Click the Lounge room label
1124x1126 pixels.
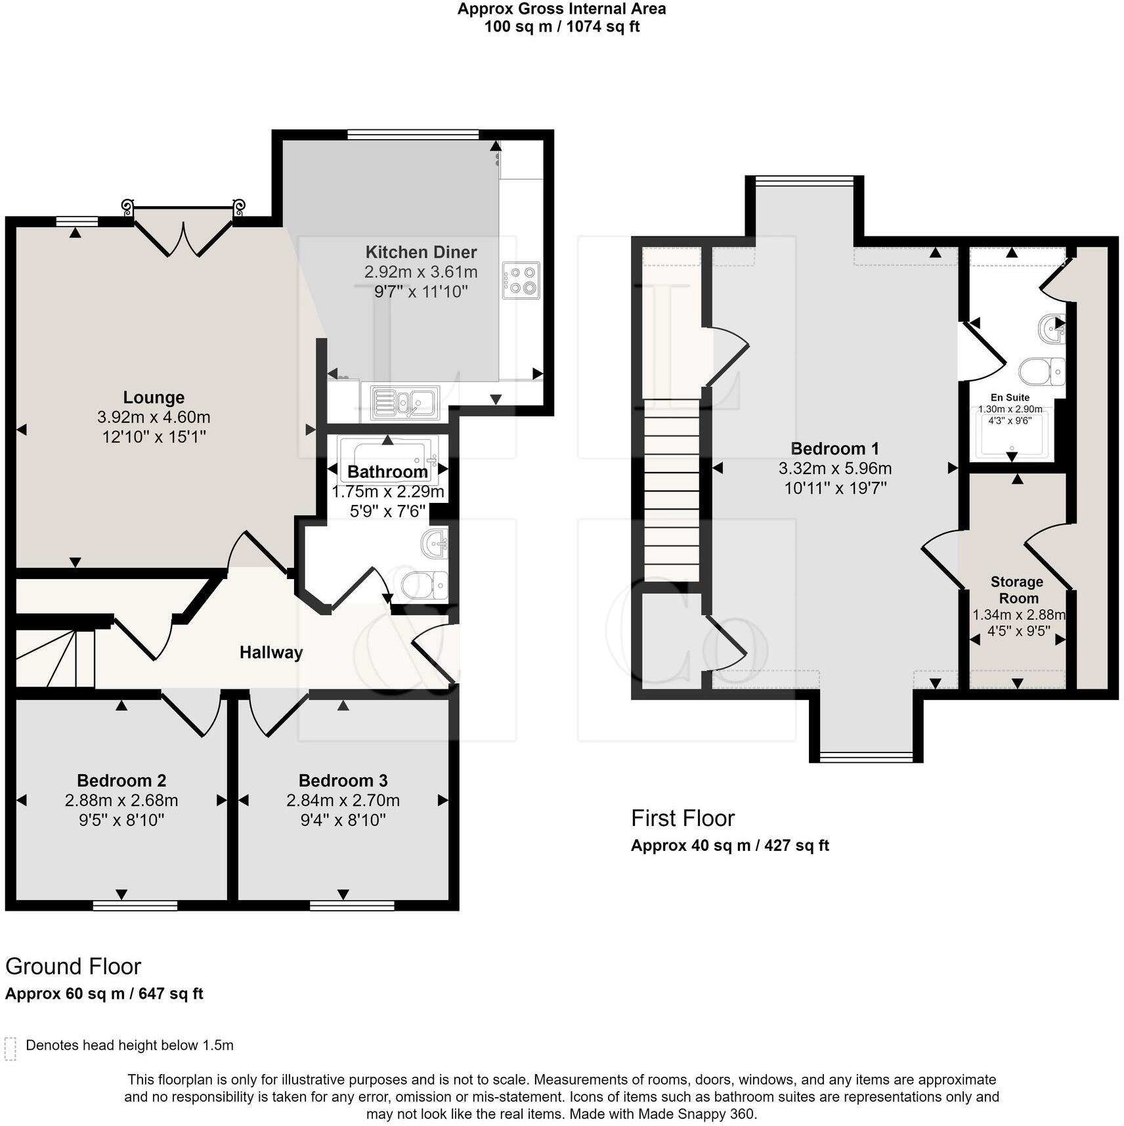[x=154, y=397]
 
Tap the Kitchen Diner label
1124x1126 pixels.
[x=421, y=252]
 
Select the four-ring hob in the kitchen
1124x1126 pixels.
[x=521, y=280]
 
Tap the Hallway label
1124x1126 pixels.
[x=270, y=652]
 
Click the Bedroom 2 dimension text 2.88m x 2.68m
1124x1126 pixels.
[x=121, y=800]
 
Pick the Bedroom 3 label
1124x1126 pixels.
[x=343, y=781]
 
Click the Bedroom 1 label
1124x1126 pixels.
[x=834, y=449]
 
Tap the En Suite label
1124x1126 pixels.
[x=1010, y=398]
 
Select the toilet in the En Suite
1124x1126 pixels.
[x=1041, y=372]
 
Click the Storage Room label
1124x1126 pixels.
[x=1017, y=590]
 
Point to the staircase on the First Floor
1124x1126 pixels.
[x=671, y=490]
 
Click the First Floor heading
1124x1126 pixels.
[x=682, y=818]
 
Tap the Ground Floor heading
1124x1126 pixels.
[x=73, y=966]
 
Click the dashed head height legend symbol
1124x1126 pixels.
[x=11, y=1049]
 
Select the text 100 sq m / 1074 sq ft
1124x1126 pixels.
[x=561, y=27]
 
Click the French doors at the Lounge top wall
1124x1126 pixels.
[x=183, y=230]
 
